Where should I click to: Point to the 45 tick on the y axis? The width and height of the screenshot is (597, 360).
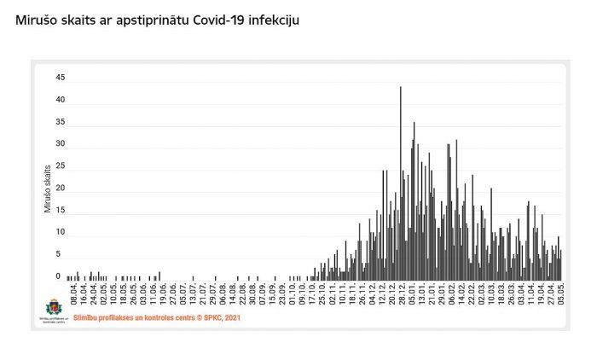[x=60, y=78]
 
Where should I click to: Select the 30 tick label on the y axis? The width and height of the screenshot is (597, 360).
[x=60, y=143]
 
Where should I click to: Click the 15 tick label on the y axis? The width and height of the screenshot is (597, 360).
[x=60, y=210]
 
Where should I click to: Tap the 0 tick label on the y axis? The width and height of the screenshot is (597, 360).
[x=58, y=276]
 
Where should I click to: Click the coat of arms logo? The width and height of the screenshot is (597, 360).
[x=54, y=307]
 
